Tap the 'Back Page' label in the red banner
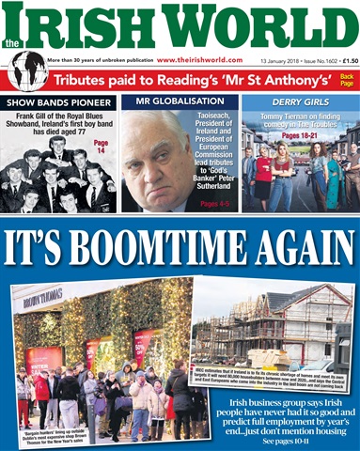coord(347,80)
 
